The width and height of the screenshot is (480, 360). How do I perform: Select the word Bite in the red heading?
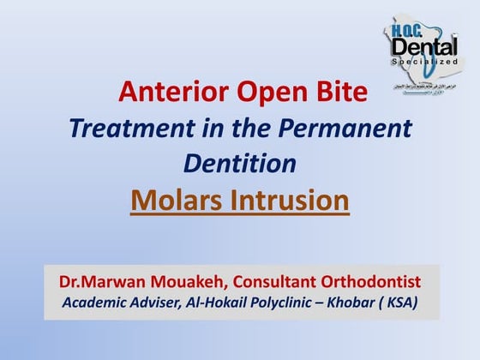[343, 91]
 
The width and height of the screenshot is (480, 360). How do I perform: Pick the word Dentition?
[240, 163]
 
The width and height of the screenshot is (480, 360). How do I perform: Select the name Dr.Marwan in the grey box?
[97, 281]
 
